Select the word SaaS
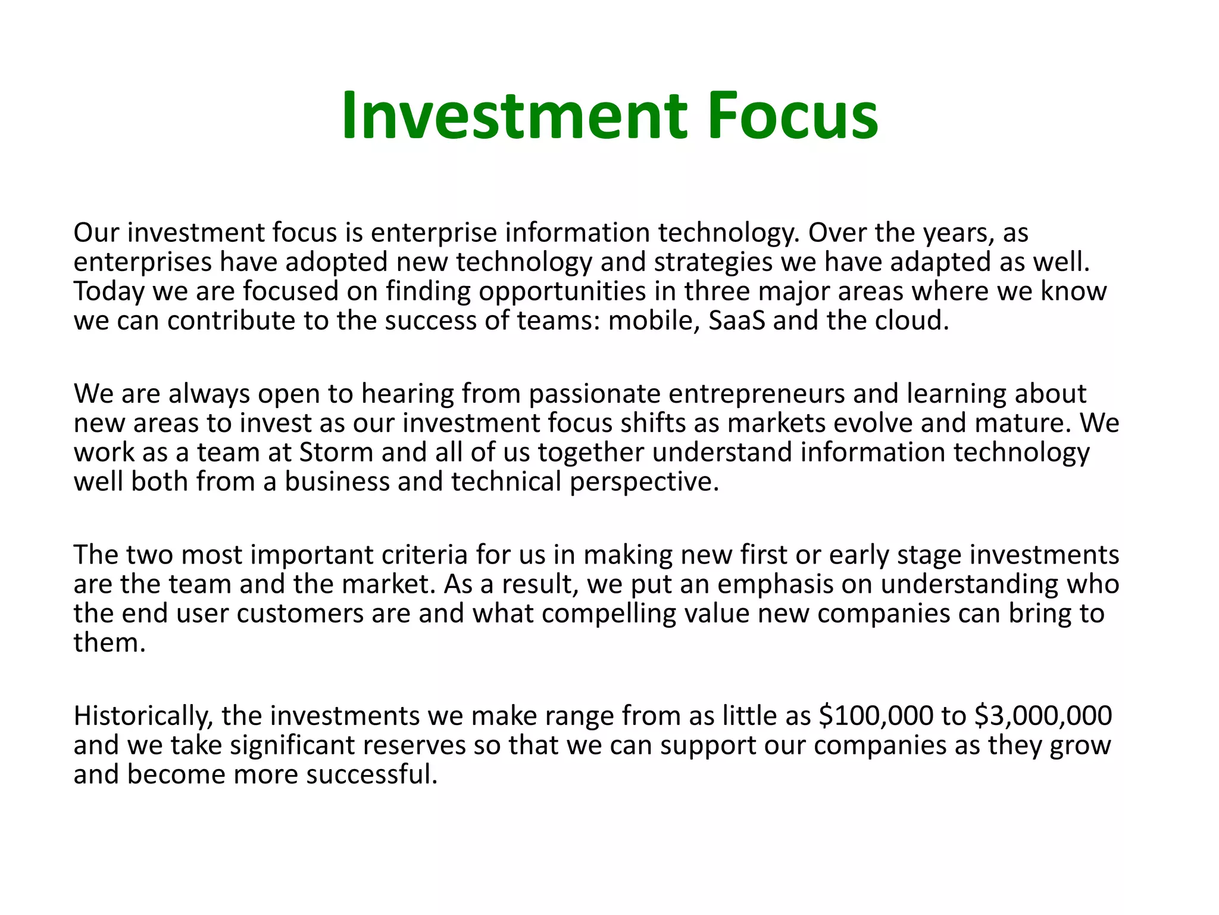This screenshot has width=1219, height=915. pyautogui.click(x=737, y=321)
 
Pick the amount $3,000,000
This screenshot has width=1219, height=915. pyautogui.click(x=1043, y=715)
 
